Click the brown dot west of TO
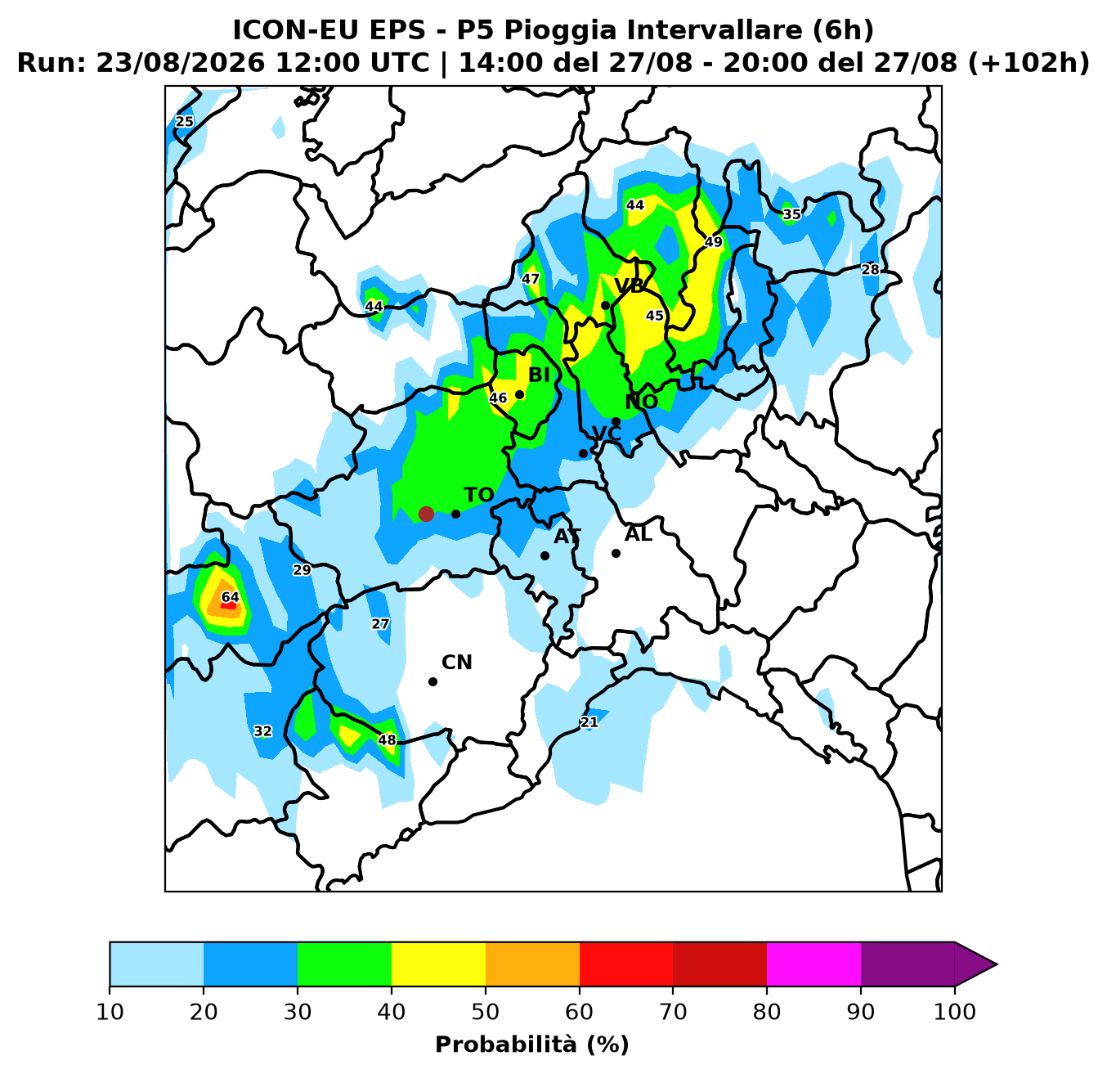point(426,514)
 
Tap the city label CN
point(457,663)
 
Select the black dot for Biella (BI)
point(519,395)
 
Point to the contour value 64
point(231,597)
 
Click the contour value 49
point(714,242)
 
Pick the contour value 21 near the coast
point(589,722)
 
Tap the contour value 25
point(184,122)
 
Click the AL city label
point(639,534)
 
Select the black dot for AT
point(545,555)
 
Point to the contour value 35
point(792,214)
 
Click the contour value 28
point(871,270)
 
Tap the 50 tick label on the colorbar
point(486,1012)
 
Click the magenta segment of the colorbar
point(813,964)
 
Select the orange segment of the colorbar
point(532,964)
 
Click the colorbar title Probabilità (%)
point(532,1045)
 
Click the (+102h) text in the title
point(1028,63)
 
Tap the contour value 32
point(262,731)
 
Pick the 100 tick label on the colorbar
point(955,1012)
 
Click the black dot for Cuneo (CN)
point(432,682)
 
